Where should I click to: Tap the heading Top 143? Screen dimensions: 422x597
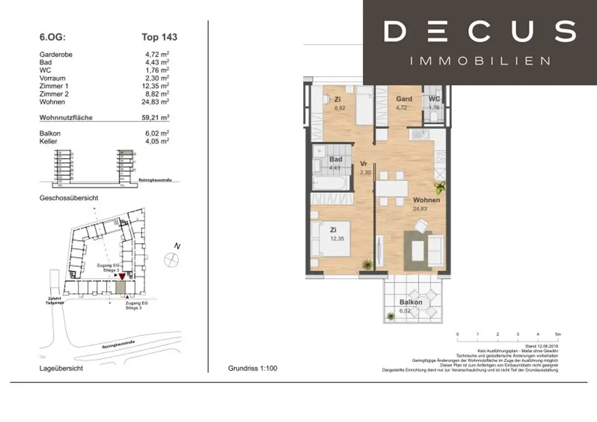[x=159, y=37]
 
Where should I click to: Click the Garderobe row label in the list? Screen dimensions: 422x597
[x=55, y=55]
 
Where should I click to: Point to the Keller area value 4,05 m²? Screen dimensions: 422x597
[x=157, y=141]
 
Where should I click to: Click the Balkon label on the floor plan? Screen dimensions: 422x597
[x=411, y=302]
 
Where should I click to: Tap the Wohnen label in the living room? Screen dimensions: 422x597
[x=427, y=200]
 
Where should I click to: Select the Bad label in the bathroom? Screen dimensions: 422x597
[x=335, y=159]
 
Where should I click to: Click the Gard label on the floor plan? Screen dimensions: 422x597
[x=404, y=99]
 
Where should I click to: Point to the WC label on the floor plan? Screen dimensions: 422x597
[x=434, y=99]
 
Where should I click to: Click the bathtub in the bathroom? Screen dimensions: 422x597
[x=331, y=184]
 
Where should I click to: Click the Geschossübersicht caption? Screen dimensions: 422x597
[x=69, y=198]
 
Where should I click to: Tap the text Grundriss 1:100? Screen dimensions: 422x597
[x=252, y=368]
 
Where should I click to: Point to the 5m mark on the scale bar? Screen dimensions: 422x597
[x=557, y=335]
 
